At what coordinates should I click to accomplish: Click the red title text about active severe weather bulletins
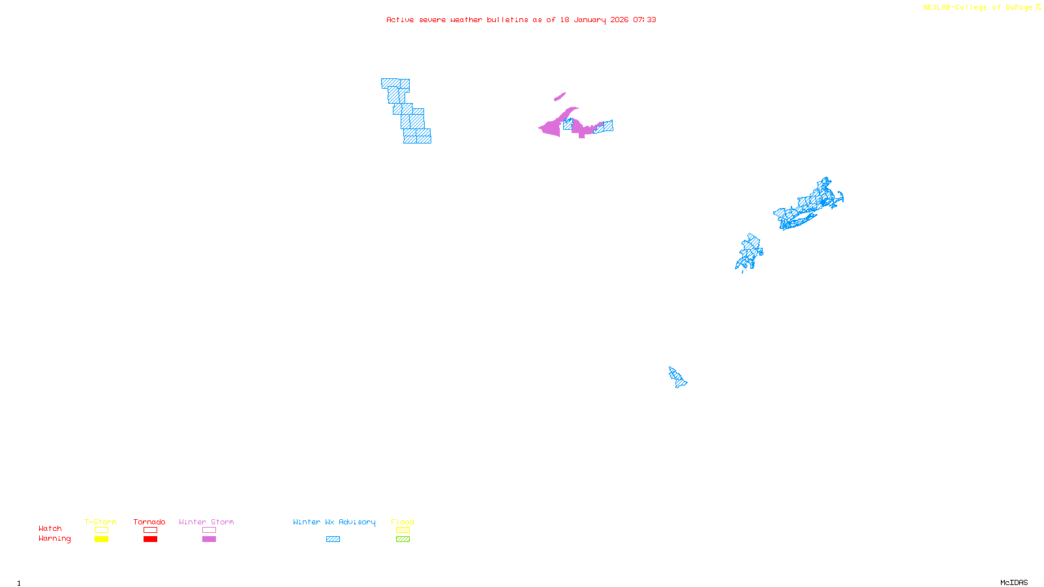point(521,20)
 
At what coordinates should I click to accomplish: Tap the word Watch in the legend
point(50,528)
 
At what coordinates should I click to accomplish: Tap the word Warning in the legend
point(54,539)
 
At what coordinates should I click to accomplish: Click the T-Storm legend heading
point(100,522)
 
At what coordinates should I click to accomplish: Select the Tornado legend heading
point(149,522)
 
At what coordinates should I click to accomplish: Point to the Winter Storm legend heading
point(206,522)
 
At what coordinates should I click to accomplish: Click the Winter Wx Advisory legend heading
point(334,522)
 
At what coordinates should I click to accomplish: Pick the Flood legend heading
point(403,522)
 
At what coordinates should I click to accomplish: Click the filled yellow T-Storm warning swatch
point(101,539)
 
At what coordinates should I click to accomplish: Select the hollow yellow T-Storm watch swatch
point(101,530)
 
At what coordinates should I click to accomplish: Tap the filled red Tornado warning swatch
point(150,539)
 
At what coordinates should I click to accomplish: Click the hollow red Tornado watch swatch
point(150,530)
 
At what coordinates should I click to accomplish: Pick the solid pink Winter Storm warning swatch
point(209,539)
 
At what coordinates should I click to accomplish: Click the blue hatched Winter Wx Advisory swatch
point(333,539)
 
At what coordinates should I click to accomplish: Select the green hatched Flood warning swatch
point(403,539)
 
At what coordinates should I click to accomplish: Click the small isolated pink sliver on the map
point(560,97)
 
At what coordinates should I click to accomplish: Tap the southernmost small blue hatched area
point(677,378)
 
